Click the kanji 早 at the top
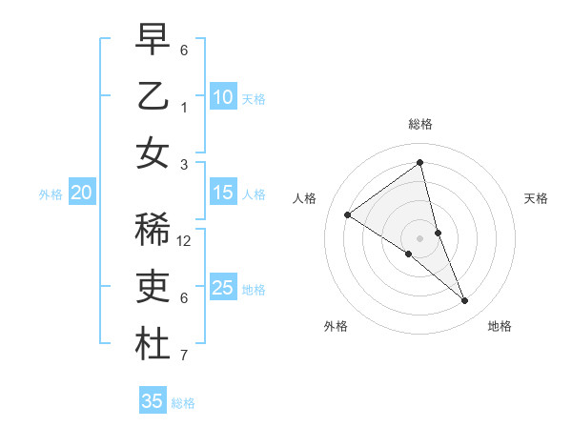(x=153, y=39)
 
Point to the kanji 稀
(x=153, y=230)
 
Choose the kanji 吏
(x=153, y=286)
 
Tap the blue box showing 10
(x=223, y=97)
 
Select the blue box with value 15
(x=223, y=193)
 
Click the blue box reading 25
(x=223, y=288)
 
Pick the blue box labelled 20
(x=81, y=193)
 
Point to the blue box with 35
(x=153, y=401)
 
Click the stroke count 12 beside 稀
(x=184, y=241)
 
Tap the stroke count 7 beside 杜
(x=184, y=356)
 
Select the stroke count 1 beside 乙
(x=184, y=108)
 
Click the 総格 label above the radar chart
(x=420, y=124)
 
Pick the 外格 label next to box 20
(x=51, y=194)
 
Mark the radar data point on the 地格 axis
(x=465, y=301)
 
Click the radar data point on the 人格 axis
(x=347, y=214)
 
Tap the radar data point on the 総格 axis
(x=420, y=163)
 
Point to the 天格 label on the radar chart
(x=537, y=198)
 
